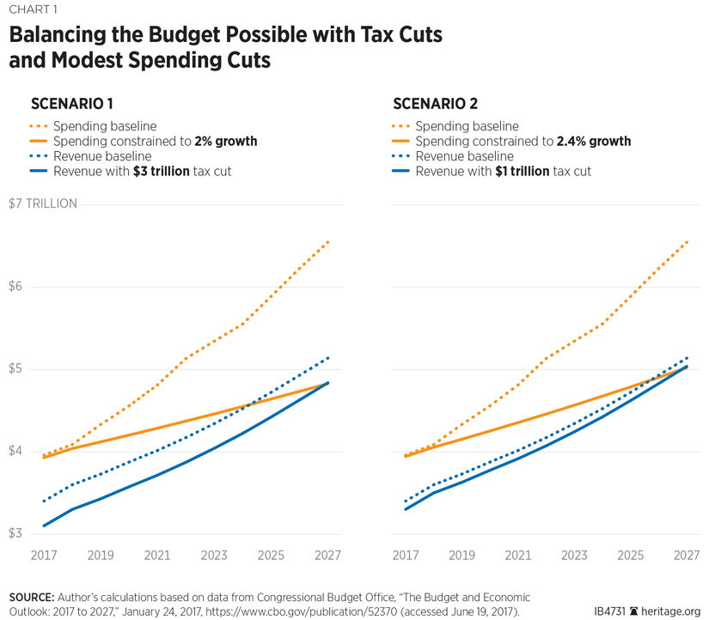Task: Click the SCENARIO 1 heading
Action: (72, 105)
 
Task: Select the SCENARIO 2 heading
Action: (436, 105)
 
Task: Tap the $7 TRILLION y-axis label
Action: (43, 204)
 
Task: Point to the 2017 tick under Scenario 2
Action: (405, 556)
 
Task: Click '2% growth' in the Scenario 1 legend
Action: (226, 141)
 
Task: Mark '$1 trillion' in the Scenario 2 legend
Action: (521, 172)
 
